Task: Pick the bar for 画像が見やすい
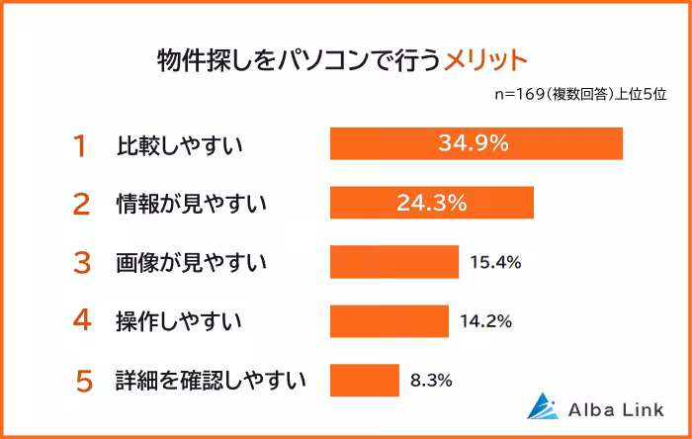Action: coord(393,262)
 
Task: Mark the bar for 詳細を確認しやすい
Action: coord(364,379)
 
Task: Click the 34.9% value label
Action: coord(473,143)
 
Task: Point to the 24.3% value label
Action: coord(431,203)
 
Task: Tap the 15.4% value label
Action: coord(495,262)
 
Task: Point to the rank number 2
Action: coord(82,204)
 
